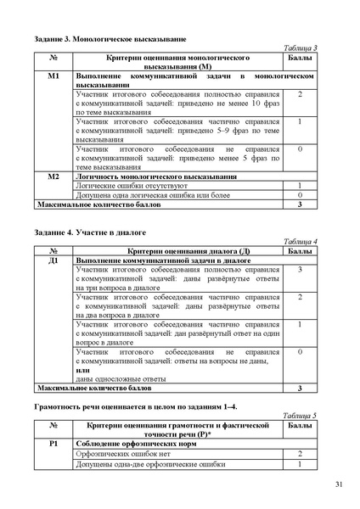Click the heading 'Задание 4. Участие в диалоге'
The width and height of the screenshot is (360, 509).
pos(82,232)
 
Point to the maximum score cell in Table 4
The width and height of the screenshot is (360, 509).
pos(300,388)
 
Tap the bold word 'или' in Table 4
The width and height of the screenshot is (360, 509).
pos(82,369)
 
